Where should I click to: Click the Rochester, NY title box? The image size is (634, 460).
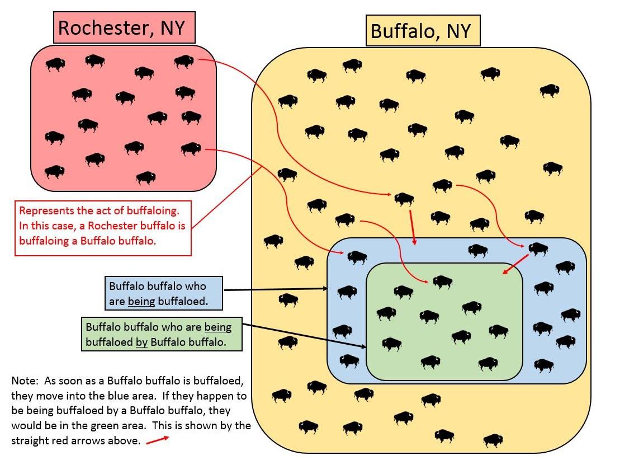pyautogui.click(x=124, y=27)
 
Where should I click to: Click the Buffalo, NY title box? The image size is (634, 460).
pyautogui.click(x=422, y=31)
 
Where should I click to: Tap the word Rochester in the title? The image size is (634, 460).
pyautogui.click(x=103, y=28)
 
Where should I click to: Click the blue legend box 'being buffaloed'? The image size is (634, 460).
pyautogui.click(x=163, y=293)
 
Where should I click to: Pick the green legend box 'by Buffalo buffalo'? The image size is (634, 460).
pyautogui.click(x=162, y=334)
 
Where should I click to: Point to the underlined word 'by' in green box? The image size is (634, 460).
pyautogui.click(x=141, y=342)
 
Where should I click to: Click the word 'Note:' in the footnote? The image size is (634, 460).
pyautogui.click(x=25, y=381)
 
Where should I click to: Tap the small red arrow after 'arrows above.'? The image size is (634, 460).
pyautogui.click(x=157, y=440)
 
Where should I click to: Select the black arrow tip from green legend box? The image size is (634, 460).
pyautogui.click(x=364, y=347)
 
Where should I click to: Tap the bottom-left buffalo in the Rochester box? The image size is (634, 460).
pyautogui.click(x=54, y=171)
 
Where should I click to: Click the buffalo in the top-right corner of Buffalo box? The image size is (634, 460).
pyautogui.click(x=549, y=90)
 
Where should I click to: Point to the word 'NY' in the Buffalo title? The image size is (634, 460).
pyautogui.click(x=458, y=31)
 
